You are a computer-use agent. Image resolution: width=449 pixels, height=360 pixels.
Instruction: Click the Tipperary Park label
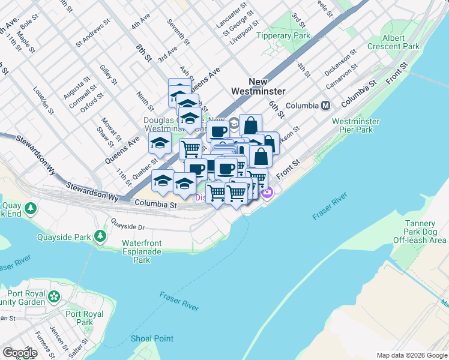point(283,36)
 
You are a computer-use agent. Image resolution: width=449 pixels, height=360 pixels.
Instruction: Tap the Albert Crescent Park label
point(401,41)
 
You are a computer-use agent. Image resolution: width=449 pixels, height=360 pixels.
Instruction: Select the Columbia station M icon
point(326,106)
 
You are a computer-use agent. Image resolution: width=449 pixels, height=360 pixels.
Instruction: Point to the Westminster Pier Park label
point(356,125)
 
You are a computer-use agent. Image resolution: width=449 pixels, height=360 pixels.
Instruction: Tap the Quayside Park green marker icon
point(100,236)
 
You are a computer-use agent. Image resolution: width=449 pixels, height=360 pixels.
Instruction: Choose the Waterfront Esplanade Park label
point(142,251)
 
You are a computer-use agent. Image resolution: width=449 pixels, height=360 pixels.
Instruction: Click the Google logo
point(20,353)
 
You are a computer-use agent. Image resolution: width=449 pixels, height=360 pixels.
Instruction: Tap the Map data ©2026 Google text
point(411,355)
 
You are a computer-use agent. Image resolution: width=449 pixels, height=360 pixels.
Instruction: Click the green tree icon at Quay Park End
point(29,209)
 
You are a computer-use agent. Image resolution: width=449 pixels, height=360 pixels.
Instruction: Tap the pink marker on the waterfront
point(268,192)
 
